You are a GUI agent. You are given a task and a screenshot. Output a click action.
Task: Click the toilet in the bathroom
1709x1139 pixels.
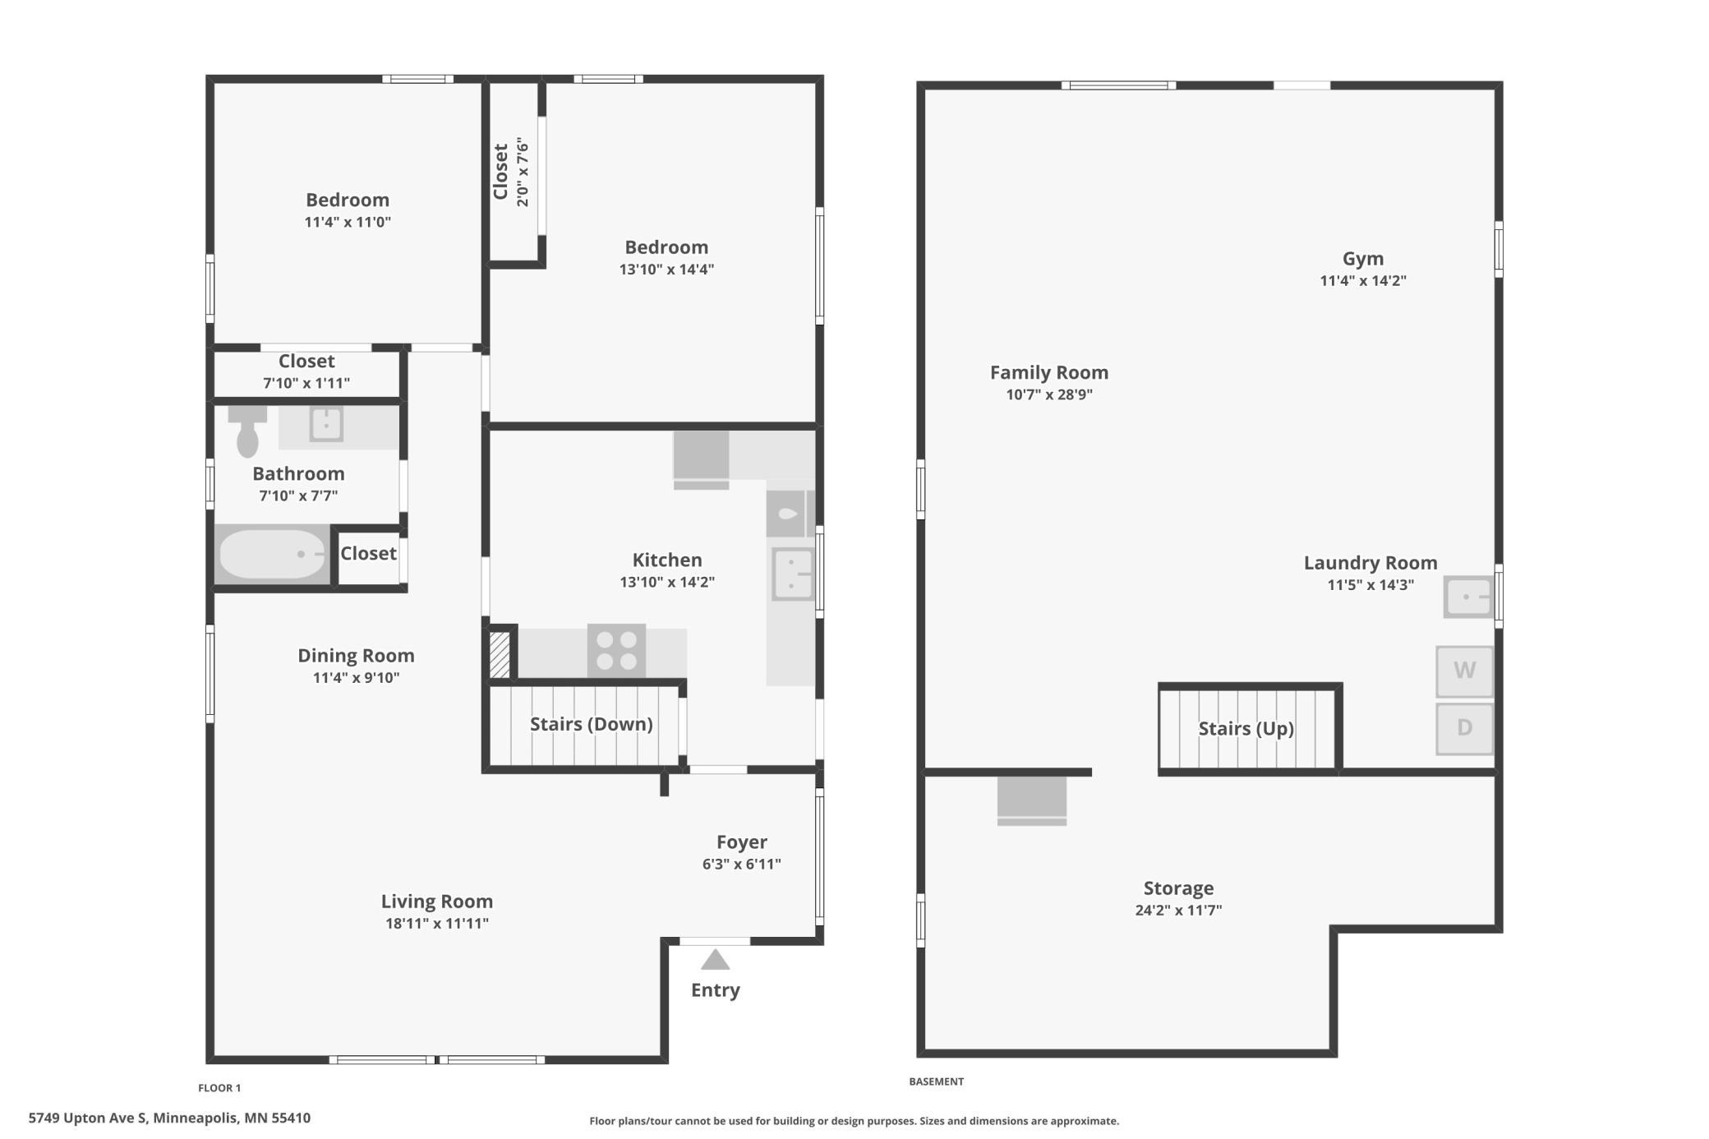point(247,431)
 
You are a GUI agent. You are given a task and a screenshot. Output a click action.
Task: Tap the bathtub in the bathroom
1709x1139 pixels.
point(273,555)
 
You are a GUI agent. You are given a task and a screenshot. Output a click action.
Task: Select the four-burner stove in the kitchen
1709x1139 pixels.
point(616,650)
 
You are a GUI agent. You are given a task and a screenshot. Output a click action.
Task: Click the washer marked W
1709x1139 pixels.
point(1464,671)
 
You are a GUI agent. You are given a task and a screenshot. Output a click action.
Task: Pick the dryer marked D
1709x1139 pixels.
point(1464,728)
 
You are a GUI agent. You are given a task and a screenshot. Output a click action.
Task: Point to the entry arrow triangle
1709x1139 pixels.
point(715,959)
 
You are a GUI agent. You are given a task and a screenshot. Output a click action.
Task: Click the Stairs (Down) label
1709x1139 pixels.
point(592,724)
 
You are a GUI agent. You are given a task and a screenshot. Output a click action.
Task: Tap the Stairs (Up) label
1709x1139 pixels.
point(1246,729)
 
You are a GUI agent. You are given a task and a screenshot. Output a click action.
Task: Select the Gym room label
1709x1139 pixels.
point(1363,259)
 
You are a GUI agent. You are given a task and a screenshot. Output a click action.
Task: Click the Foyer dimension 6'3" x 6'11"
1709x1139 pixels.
point(742,864)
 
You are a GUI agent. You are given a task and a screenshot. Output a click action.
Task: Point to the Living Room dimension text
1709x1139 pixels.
point(437,923)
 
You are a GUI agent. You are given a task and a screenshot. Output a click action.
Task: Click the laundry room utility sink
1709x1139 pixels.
point(1468,597)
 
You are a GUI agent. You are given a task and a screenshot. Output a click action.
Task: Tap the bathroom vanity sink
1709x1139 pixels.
point(326,424)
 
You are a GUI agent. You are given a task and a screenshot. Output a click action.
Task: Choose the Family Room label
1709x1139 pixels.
point(1049,372)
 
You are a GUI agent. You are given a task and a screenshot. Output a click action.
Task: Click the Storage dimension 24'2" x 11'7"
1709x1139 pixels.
point(1178,910)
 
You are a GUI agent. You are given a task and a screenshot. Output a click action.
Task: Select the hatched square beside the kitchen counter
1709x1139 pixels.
point(500,654)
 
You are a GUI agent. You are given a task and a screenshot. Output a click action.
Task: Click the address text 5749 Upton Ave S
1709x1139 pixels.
point(88,1118)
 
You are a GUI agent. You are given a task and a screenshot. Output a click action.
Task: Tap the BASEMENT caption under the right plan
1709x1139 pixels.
point(936,1081)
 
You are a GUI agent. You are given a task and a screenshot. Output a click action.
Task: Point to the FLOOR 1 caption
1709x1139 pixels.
point(219,1088)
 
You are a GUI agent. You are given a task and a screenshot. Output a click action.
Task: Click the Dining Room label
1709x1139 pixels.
point(356,656)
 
